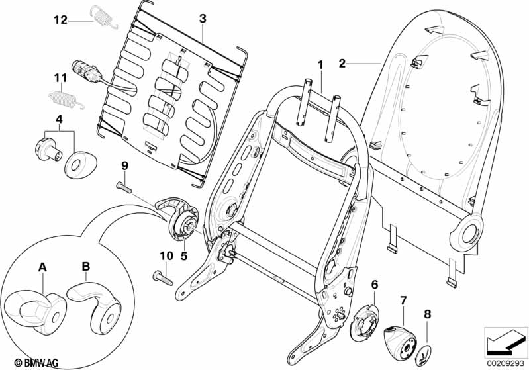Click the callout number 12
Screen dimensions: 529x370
tap(61, 20)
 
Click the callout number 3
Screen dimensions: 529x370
tap(202, 19)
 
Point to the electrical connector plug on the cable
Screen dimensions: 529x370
tap(85, 73)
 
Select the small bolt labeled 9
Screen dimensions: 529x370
tap(124, 187)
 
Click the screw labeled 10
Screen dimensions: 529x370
tap(162, 277)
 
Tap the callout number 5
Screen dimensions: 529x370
tap(183, 255)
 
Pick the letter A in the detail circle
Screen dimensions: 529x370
tap(42, 267)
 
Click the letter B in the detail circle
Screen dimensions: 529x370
tap(86, 267)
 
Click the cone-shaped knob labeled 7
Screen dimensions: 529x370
tap(400, 343)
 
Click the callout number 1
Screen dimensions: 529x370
tap(320, 65)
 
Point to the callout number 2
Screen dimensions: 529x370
tap(342, 63)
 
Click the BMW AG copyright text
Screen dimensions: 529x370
tap(36, 363)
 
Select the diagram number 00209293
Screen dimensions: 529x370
tap(506, 364)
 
